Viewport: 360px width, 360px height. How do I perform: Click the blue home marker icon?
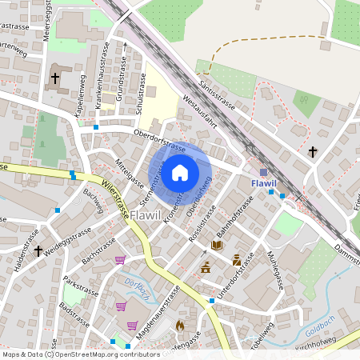(180, 172)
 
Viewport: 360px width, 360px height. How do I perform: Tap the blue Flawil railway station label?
(263, 184)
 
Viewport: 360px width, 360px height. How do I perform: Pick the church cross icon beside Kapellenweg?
(55, 78)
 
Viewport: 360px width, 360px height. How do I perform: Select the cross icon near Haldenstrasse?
(38, 251)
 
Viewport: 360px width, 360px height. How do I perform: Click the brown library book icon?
(216, 245)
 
